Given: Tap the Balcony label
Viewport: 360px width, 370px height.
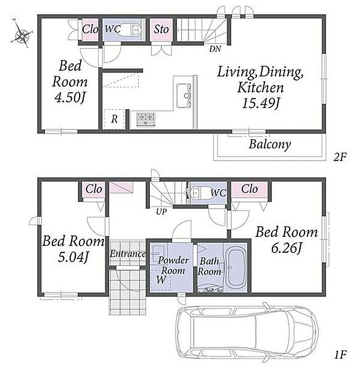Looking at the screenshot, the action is point(270,144).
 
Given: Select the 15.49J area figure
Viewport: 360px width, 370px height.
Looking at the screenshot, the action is point(261,103).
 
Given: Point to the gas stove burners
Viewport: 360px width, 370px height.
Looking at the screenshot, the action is point(146,119).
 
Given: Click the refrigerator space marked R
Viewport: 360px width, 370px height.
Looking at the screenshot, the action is point(114,119).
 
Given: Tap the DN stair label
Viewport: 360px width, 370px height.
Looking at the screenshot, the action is point(215,49).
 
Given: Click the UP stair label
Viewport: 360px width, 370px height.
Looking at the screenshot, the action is point(161,212).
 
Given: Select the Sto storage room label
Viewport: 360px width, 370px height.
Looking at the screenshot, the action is point(161,30).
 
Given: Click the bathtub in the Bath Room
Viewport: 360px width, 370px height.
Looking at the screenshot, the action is point(235,267).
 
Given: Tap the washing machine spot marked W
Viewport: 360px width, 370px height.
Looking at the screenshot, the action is point(161,280).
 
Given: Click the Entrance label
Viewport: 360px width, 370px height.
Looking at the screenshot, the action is point(127,254).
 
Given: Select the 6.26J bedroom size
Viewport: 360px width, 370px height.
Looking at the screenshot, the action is point(286,248).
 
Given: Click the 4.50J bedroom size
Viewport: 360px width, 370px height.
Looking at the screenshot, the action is point(69,97).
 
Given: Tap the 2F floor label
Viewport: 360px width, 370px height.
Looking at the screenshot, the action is point(340,157).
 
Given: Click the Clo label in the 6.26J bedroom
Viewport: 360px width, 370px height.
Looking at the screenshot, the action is point(249,189).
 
